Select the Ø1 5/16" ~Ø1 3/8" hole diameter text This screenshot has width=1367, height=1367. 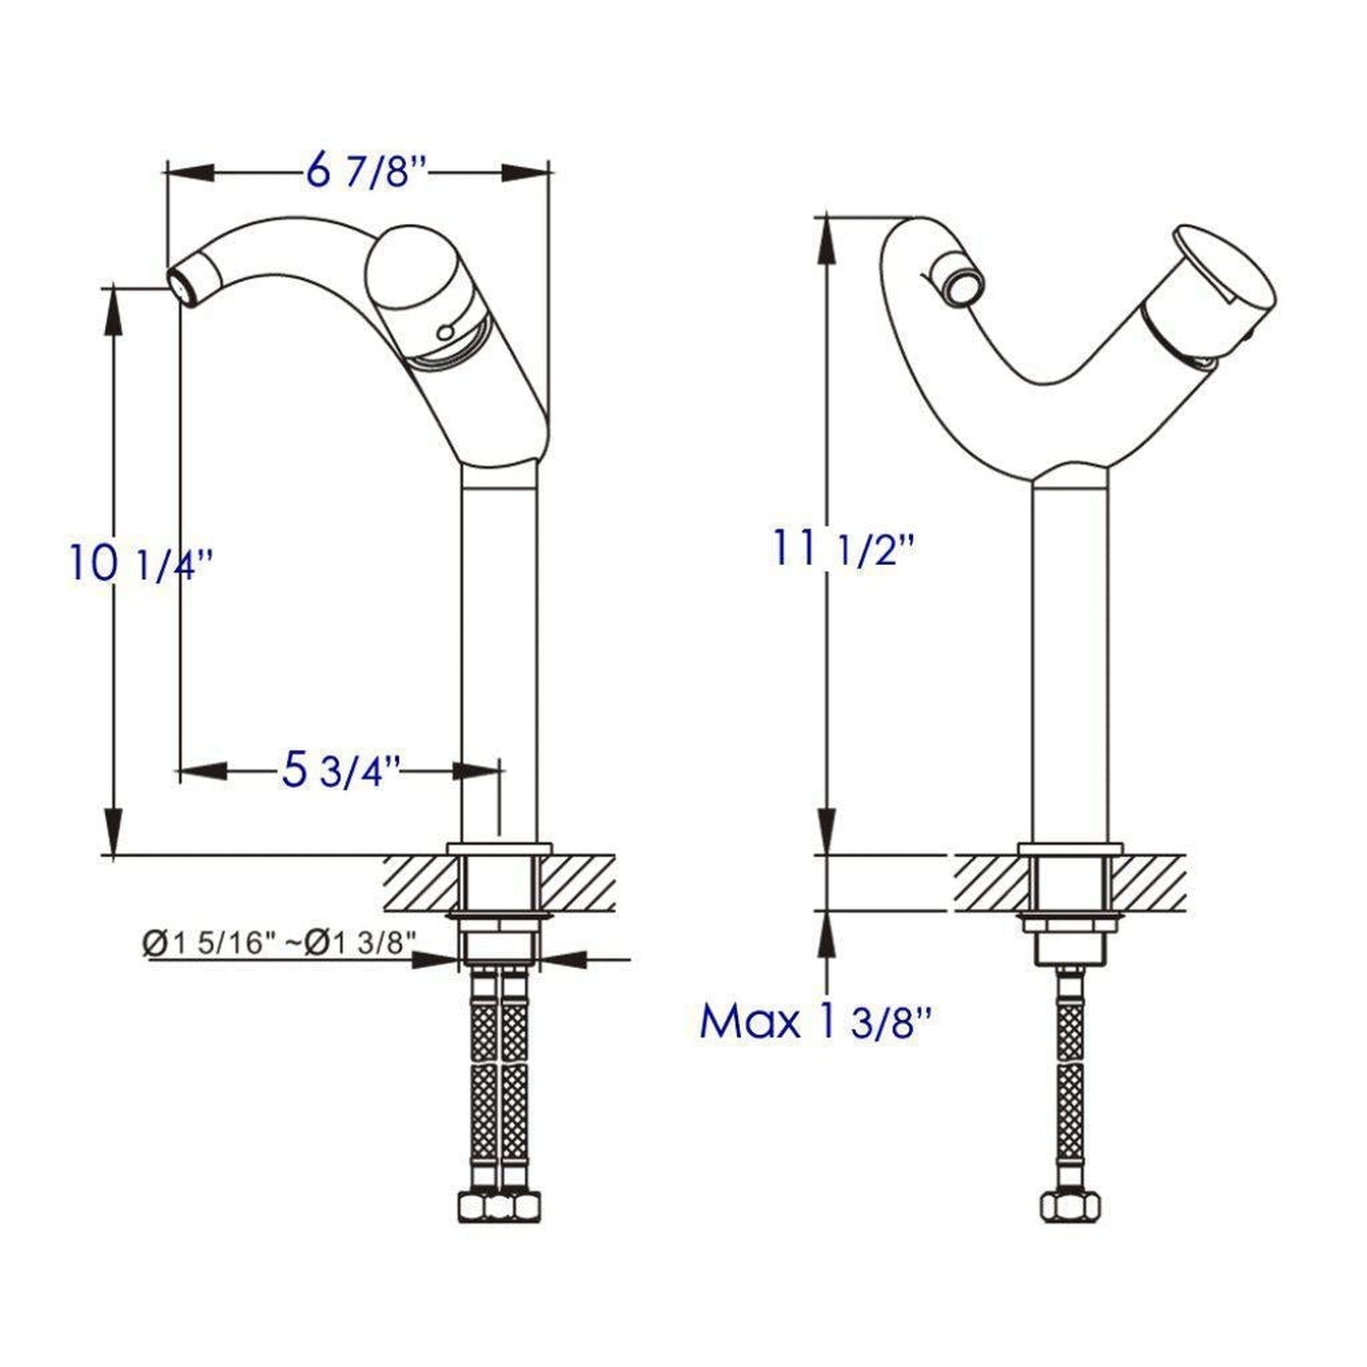click(280, 942)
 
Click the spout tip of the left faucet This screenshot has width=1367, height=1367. click(181, 281)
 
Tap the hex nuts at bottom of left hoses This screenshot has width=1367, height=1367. click(499, 1207)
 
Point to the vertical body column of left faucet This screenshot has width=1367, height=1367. click(499, 653)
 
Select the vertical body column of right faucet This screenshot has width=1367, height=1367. click(1069, 662)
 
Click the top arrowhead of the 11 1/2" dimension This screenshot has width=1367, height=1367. click(828, 237)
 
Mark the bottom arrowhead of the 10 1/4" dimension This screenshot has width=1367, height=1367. click(114, 832)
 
